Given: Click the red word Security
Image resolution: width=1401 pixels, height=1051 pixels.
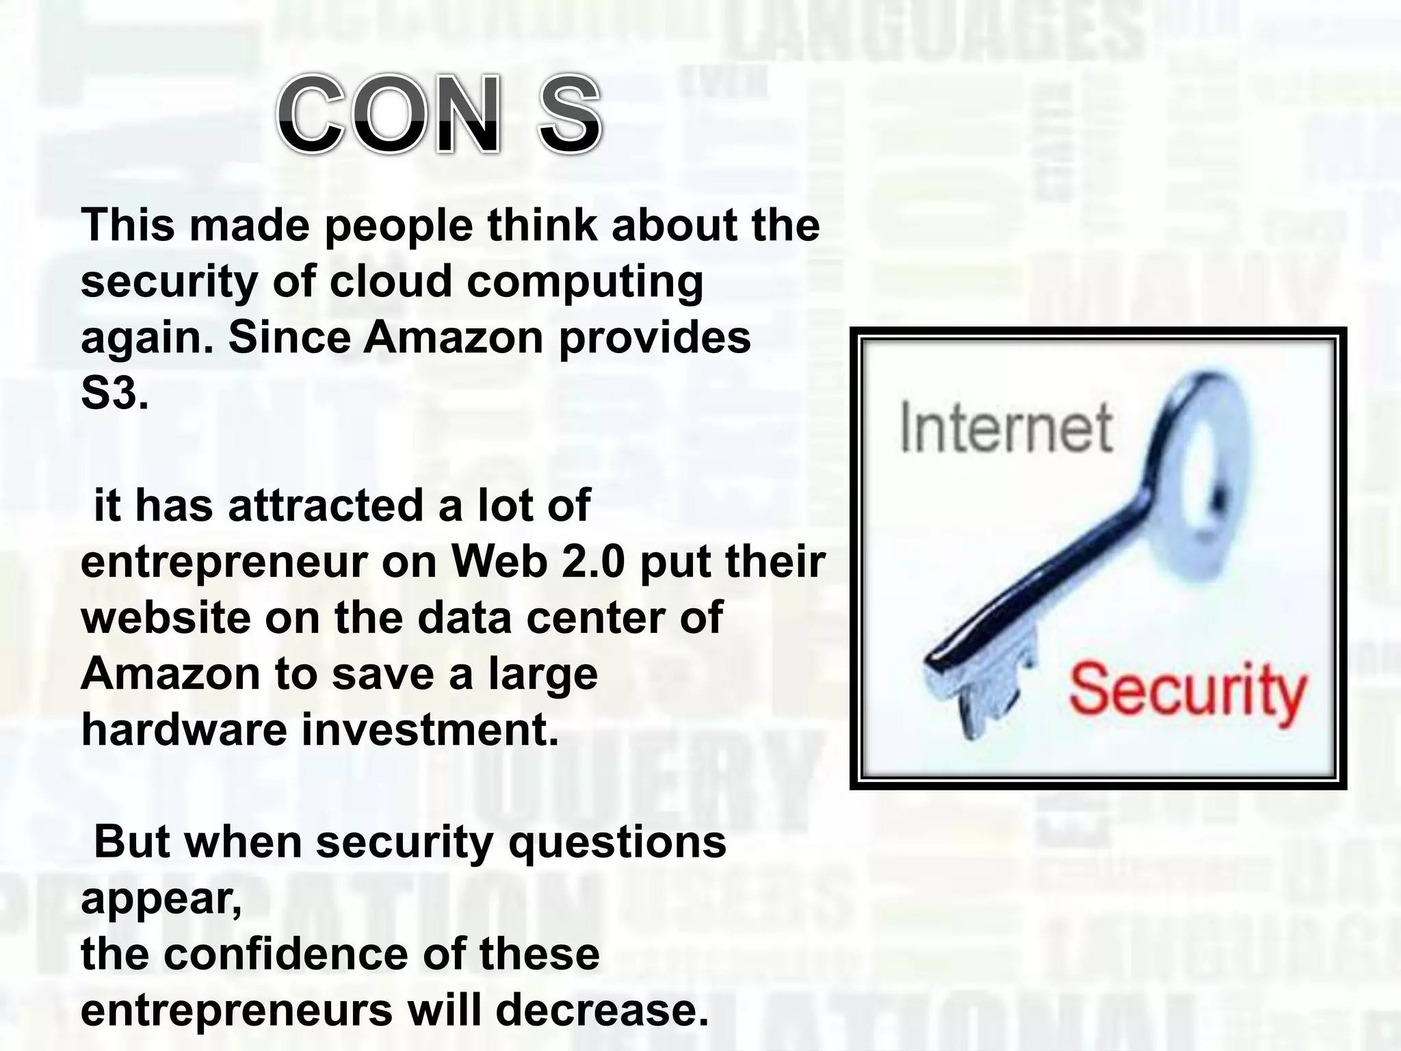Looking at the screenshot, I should click(x=1187, y=692).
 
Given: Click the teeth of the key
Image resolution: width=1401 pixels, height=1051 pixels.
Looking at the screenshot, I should click(x=985, y=698).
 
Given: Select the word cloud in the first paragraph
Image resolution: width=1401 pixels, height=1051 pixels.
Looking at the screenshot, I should click(x=391, y=281).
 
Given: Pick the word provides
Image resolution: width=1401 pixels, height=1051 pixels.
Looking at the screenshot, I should click(x=655, y=339).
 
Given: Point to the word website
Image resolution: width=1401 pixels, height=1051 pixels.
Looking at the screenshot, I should click(x=165, y=618).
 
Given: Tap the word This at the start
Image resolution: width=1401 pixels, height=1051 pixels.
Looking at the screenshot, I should click(x=127, y=225).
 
